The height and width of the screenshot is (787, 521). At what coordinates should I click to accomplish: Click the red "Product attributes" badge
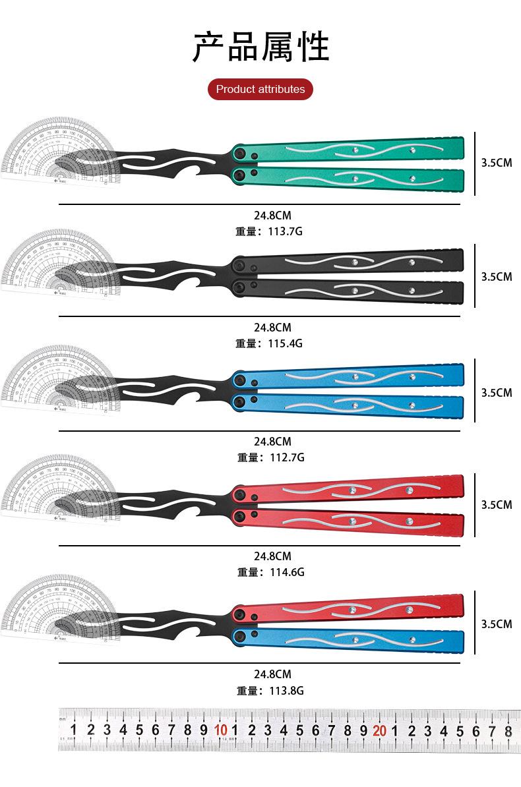pyautogui.click(x=260, y=89)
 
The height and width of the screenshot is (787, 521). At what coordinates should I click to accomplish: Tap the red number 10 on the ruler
pyautogui.click(x=220, y=730)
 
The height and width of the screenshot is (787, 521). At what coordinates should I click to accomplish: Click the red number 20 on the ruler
pyautogui.click(x=379, y=730)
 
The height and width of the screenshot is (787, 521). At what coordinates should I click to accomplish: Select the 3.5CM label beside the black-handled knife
pyautogui.click(x=496, y=276)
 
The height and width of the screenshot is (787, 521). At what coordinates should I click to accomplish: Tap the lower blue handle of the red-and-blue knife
pyautogui.click(x=356, y=642)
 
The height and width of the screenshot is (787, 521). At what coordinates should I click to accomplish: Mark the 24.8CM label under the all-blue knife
pyautogui.click(x=272, y=442)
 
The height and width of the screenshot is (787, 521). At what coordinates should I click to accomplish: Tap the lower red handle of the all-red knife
pyautogui.click(x=356, y=520)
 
